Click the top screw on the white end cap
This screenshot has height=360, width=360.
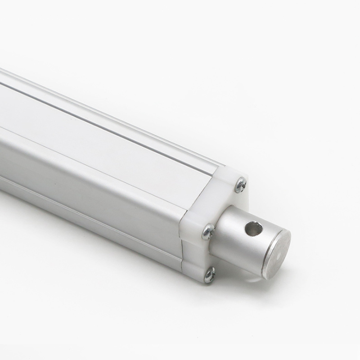tap(241, 184)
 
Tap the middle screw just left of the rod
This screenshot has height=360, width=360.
tap(208, 231)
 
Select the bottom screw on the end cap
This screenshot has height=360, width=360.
tap(209, 274)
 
